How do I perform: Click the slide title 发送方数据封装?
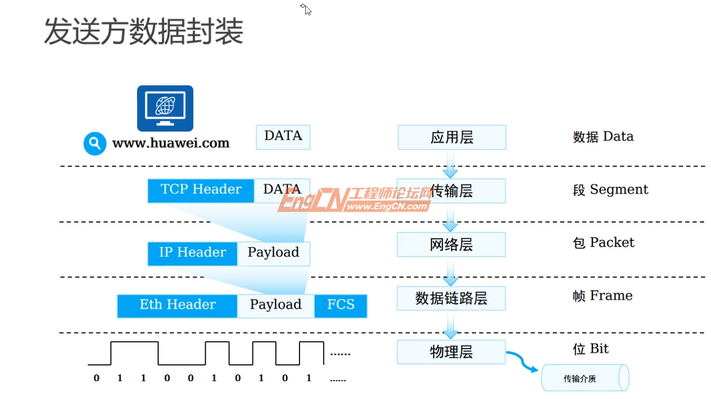tap(143, 32)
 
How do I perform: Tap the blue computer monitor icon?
tap(165, 108)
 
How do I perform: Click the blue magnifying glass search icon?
tap(95, 143)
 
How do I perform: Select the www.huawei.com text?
tap(171, 143)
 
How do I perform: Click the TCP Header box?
tap(201, 190)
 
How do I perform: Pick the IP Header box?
tap(192, 253)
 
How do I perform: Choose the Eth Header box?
tap(177, 305)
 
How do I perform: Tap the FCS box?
tap(341, 305)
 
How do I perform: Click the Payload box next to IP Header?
tap(273, 253)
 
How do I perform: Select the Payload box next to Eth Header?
tap(275, 305)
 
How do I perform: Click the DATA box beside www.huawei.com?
tap(283, 137)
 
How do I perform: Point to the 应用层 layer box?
tap(451, 137)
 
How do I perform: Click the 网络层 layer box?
tap(451, 245)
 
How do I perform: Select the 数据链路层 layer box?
tap(451, 298)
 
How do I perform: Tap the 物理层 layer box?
tap(451, 352)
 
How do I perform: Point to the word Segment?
tap(619, 190)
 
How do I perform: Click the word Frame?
tap(611, 296)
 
